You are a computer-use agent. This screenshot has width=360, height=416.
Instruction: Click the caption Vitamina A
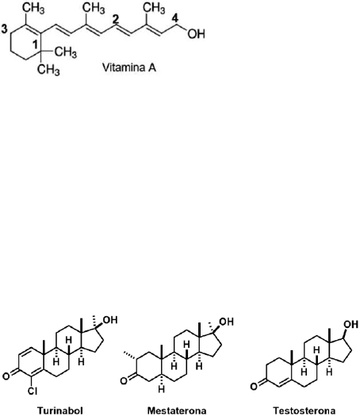[129, 67]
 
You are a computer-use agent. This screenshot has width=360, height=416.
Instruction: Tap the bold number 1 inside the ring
[36, 44]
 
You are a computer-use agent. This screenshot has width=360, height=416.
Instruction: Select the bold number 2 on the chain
[114, 20]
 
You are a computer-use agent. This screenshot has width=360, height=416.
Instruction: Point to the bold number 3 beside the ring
[5, 29]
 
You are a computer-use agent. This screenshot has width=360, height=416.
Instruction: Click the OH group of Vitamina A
[196, 34]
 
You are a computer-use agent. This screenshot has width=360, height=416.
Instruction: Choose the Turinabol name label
[60, 410]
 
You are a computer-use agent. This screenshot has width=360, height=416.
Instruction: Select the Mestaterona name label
[177, 410]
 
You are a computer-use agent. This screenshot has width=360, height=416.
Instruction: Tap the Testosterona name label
[304, 410]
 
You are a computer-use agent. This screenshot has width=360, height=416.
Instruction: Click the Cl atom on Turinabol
[33, 391]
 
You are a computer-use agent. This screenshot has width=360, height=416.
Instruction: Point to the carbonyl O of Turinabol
[6, 376]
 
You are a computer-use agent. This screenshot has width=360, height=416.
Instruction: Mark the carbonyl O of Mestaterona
[124, 380]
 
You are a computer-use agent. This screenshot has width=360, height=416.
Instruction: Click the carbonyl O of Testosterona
[254, 386]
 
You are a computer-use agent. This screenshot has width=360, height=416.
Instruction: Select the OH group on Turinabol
[110, 319]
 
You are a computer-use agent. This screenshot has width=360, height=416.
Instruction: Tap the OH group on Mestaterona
[227, 322]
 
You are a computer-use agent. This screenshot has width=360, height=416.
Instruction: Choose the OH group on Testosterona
[351, 324]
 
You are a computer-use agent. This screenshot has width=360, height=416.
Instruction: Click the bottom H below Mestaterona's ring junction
[162, 390]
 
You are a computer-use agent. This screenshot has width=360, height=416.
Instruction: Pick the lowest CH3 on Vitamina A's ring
[48, 70]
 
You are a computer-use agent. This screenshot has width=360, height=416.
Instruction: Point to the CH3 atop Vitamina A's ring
[33, 9]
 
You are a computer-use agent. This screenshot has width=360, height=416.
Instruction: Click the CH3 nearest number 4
[154, 8]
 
